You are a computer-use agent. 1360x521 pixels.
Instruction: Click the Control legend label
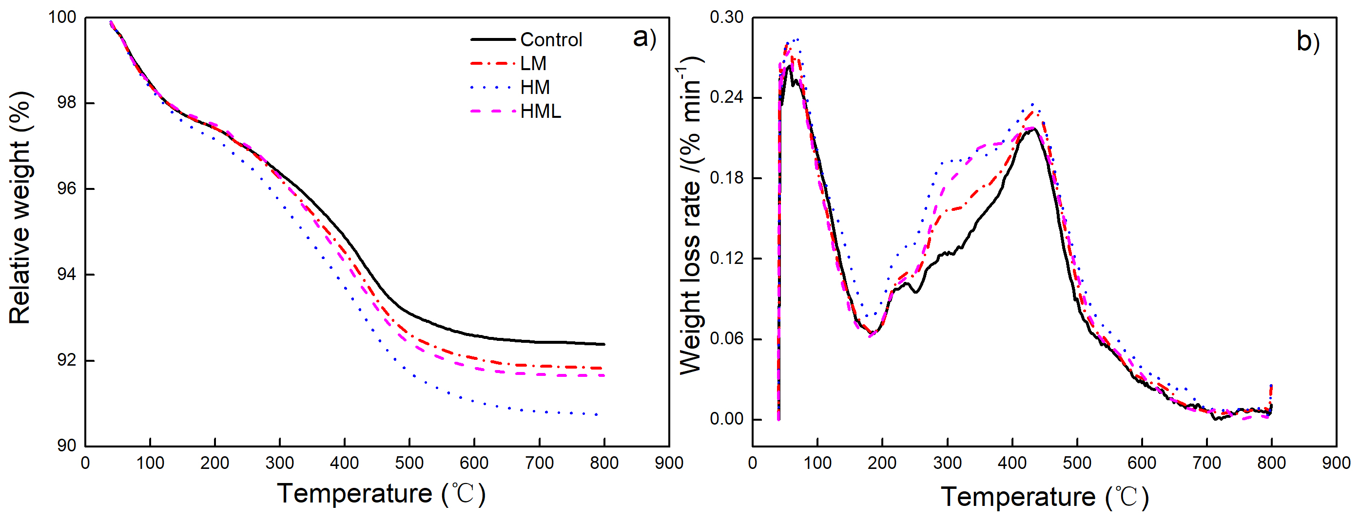[551, 39]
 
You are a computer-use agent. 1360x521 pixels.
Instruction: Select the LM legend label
[533, 63]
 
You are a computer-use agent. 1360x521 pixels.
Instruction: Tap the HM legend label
[535, 87]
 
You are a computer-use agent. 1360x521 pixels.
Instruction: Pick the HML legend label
[540, 112]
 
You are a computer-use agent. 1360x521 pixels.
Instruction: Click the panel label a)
[644, 38]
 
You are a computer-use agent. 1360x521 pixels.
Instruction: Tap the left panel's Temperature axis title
[381, 494]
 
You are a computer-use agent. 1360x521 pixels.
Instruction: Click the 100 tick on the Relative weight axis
[62, 18]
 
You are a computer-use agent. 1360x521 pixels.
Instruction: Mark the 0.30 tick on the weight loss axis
[726, 18]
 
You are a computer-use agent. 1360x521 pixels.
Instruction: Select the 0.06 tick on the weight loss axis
[726, 338]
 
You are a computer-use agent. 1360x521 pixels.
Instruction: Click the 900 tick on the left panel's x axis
[669, 463]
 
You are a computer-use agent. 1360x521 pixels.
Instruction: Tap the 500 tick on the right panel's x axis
[1077, 463]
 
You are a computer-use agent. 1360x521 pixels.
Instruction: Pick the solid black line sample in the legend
[493, 39]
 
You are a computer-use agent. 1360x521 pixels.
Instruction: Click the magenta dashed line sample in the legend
[493, 112]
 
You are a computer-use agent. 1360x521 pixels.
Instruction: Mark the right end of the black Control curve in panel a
[604, 344]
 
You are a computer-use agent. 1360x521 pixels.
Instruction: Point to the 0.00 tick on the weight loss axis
[726, 419]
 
